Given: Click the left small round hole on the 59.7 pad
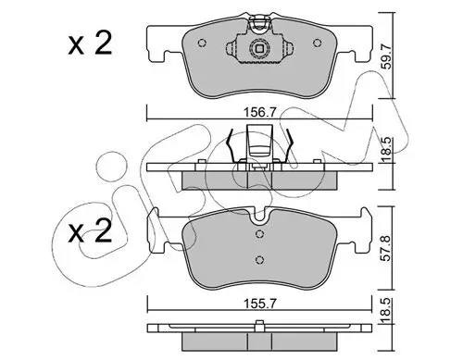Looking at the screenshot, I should coord(231,44).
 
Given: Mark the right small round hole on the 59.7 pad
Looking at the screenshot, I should coord(290,44).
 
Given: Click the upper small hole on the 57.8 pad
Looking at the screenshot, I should coord(261,234).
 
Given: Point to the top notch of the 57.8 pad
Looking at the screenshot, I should coord(261,220).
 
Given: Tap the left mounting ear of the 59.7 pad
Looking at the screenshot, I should coord(159,40).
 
